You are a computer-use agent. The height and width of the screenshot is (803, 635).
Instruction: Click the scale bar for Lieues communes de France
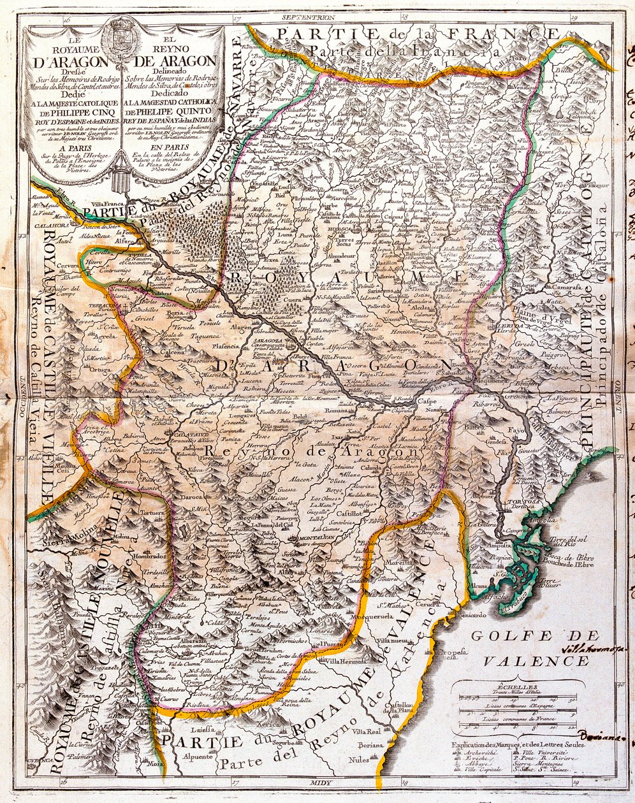(x=514, y=725)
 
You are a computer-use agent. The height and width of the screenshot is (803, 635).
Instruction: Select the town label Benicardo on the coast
(x=488, y=616)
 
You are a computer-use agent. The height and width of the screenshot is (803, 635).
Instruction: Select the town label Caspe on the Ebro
(x=428, y=402)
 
